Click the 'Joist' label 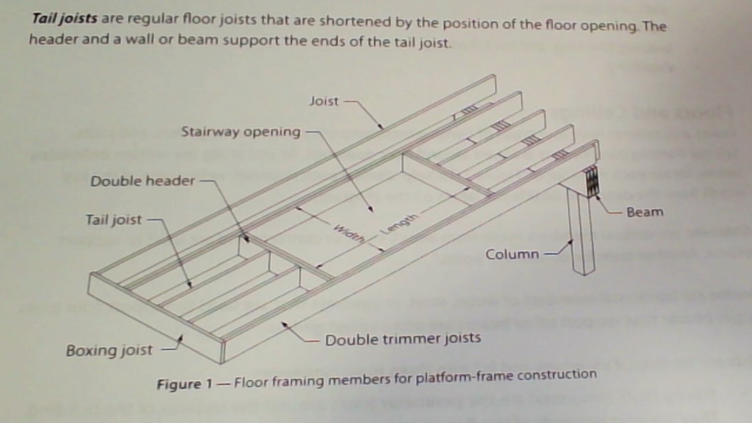pos(324,102)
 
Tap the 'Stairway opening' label pos(241,132)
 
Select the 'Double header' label pos(143,181)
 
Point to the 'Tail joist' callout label pos(114,219)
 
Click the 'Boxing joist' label pos(109,350)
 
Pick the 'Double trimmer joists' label pos(403,339)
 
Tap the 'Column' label pos(512,254)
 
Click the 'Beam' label pos(645,212)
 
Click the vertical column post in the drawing pos(581,231)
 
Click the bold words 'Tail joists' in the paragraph pos(65,19)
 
